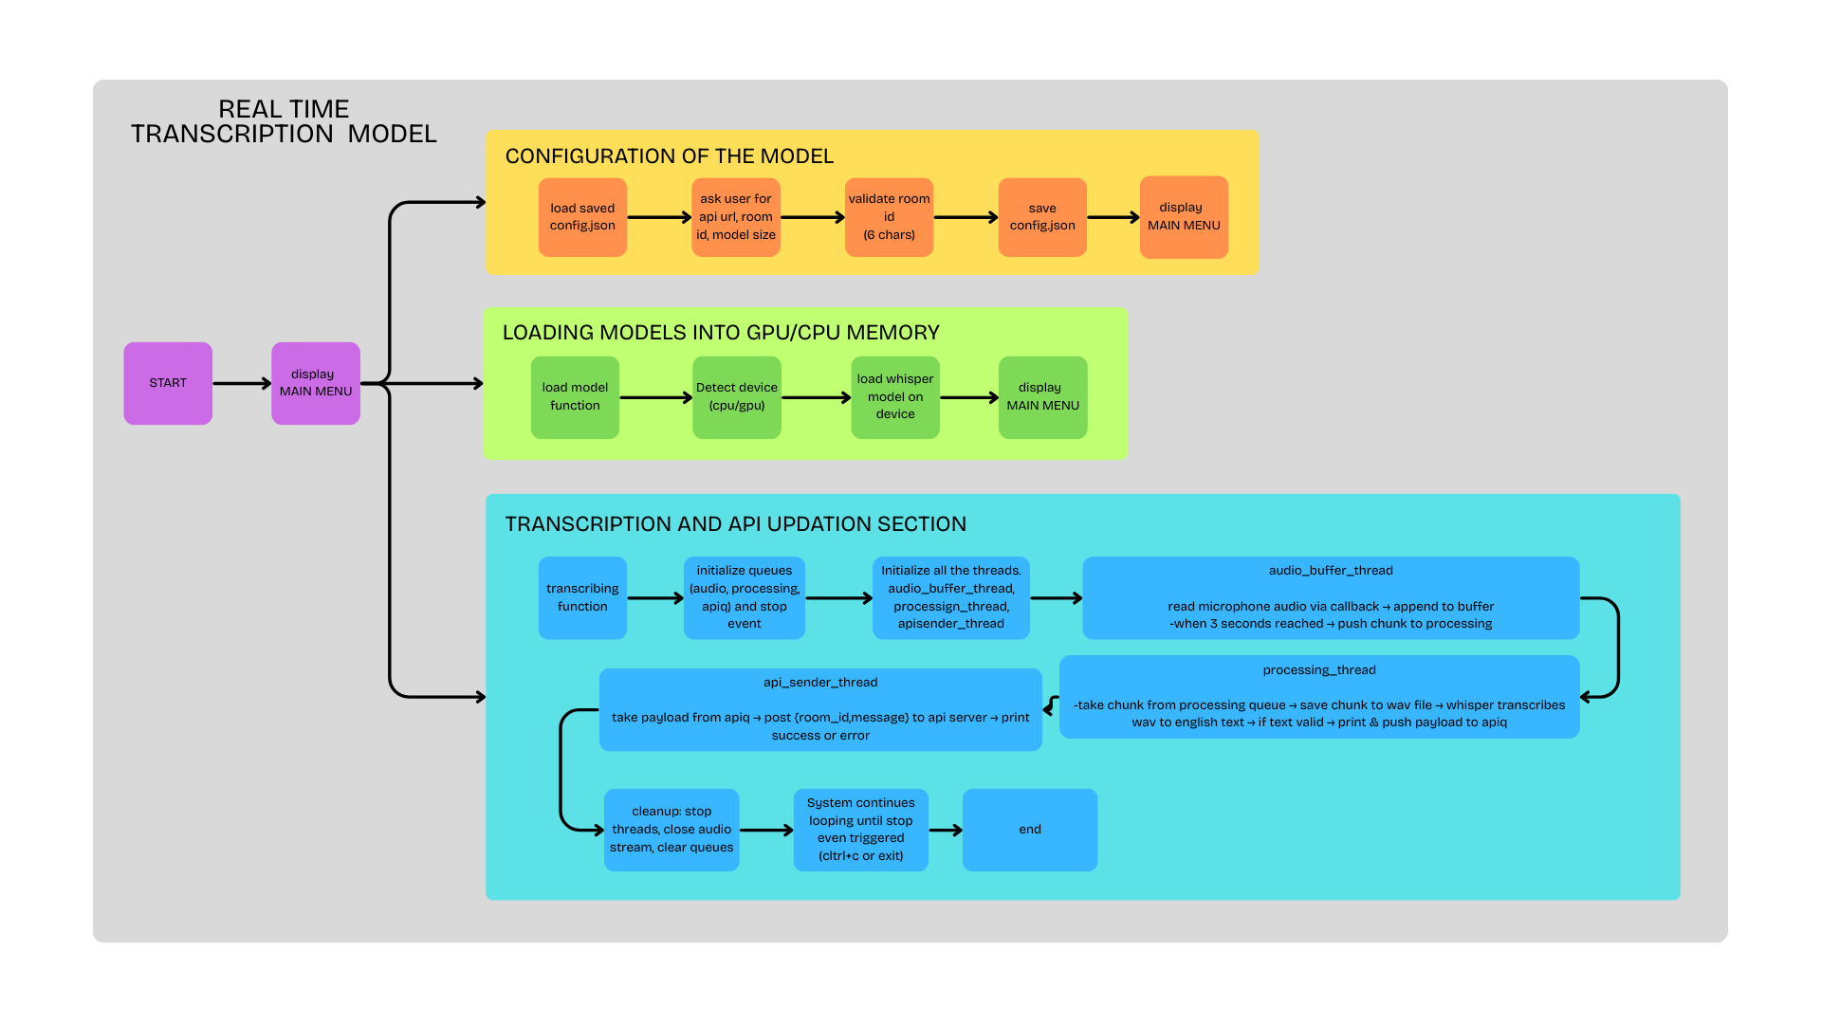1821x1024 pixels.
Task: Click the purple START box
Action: click(168, 383)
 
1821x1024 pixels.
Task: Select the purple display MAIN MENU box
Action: click(315, 383)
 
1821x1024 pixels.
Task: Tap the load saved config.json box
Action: click(582, 217)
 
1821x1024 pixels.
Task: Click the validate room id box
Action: click(889, 217)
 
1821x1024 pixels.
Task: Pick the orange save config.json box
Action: click(1042, 217)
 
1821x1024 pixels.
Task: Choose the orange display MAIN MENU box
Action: click(1184, 217)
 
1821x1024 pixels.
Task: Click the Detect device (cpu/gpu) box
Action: click(736, 397)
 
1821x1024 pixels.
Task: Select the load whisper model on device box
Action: click(894, 397)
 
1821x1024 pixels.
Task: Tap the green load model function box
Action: click(575, 397)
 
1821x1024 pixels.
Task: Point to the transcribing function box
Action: click(582, 597)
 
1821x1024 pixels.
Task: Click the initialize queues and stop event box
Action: click(745, 597)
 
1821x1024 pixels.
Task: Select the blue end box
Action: click(1030, 830)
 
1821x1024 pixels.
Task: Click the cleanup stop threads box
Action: click(671, 830)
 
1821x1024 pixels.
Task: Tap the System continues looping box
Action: click(860, 830)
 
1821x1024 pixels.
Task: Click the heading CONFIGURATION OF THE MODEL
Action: click(669, 156)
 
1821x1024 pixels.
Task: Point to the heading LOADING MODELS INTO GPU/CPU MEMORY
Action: click(721, 333)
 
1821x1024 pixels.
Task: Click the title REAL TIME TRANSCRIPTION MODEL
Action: click(284, 122)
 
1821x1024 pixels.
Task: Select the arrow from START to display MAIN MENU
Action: click(242, 383)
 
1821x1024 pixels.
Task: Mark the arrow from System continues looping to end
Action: click(946, 830)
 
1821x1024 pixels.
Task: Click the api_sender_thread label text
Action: click(820, 683)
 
